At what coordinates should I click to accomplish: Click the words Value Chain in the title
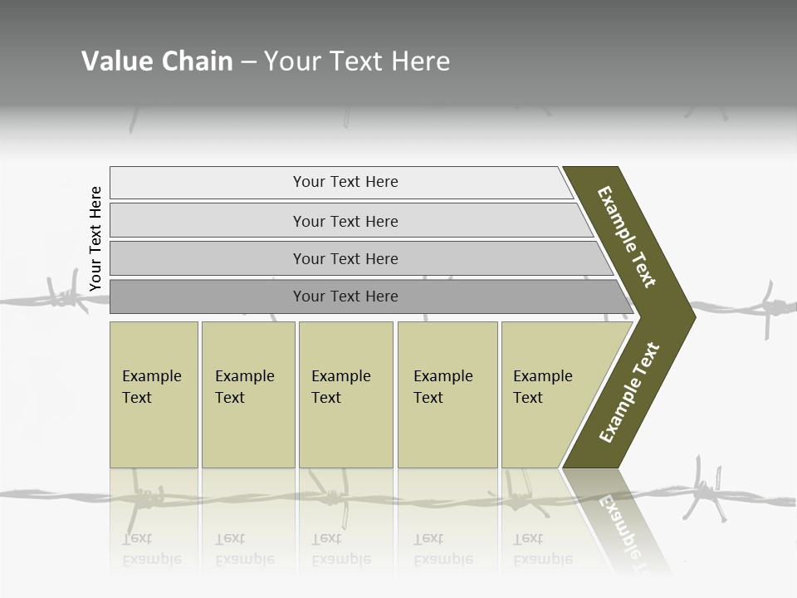point(157,61)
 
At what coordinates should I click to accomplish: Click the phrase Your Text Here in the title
point(357,61)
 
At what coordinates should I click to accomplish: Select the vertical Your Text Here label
point(95,238)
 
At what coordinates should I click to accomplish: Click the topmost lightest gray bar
point(345,182)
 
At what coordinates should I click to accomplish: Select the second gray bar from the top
point(345,221)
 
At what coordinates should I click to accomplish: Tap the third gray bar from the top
point(345,258)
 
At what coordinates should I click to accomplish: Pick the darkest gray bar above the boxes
point(345,297)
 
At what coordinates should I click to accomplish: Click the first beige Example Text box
point(154,395)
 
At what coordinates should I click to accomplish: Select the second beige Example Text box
point(247,395)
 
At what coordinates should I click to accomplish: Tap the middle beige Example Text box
point(345,395)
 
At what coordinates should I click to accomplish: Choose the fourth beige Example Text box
point(447,395)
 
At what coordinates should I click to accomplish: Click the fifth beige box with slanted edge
point(548,395)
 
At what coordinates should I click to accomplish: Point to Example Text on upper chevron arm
point(627,237)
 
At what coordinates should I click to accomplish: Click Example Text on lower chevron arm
point(629,392)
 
